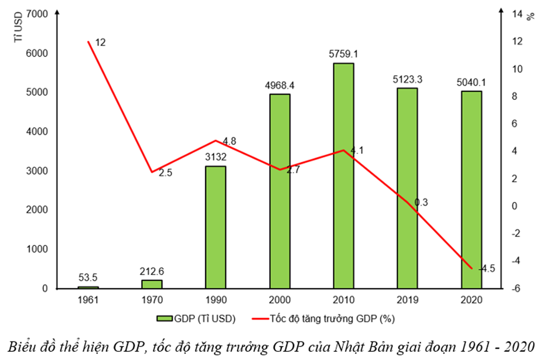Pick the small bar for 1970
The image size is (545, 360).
pos(152,284)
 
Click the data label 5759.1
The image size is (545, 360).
pos(344,54)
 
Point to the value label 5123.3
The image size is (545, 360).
pos(408,79)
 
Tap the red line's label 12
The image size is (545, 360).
pos(99,42)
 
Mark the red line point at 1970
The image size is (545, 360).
pos(152,172)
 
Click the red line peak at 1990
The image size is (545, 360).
pos(216,141)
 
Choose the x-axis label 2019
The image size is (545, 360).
pos(407,300)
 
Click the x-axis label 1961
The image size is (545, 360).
pos(88,300)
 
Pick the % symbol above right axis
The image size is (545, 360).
pos(530,15)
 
